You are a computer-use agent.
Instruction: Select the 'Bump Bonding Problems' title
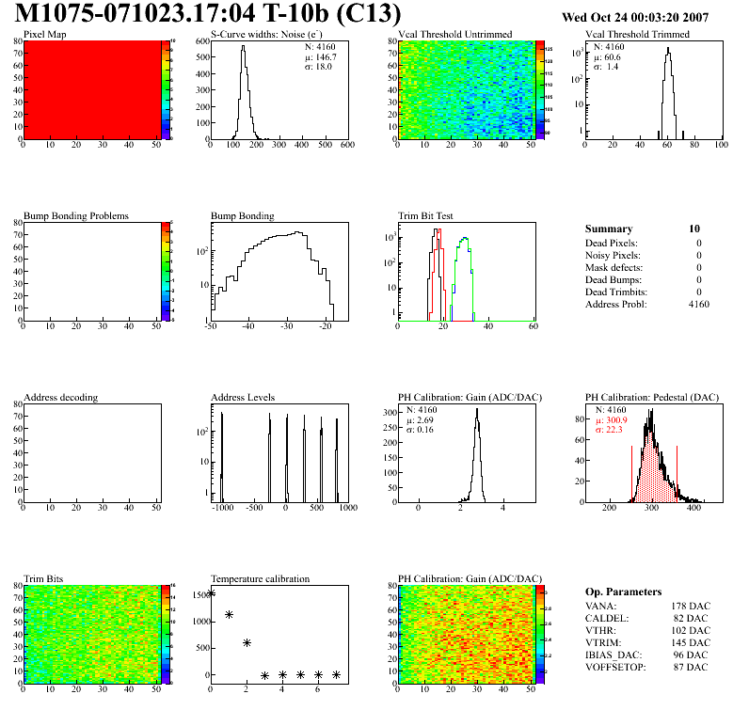[75, 215]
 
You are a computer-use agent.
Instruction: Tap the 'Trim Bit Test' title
[426, 215]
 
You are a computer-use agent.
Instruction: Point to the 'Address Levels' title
[243, 397]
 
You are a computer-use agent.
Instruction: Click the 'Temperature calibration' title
[260, 578]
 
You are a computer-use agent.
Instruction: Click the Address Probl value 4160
[699, 304]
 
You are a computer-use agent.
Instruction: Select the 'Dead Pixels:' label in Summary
[612, 243]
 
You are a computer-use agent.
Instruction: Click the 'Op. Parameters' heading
[623, 592]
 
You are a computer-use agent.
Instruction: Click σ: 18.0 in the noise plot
[318, 66]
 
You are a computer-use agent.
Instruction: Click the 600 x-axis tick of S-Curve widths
[347, 145]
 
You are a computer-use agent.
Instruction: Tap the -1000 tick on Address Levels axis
[222, 508]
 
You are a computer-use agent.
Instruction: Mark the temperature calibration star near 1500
[212, 592]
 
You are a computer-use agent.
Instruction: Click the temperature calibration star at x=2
[247, 642]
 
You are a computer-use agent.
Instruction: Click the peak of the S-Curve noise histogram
[243, 47]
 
